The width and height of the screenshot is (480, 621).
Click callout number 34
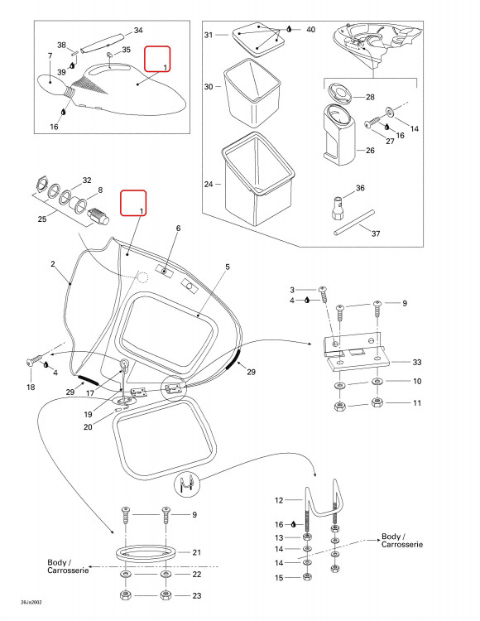click(x=138, y=31)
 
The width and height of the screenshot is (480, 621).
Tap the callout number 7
click(x=50, y=55)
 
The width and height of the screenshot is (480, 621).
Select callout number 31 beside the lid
click(x=209, y=35)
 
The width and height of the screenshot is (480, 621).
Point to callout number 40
click(x=310, y=29)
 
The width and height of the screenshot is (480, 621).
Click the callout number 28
click(x=370, y=97)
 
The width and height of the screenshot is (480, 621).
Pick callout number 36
click(x=360, y=188)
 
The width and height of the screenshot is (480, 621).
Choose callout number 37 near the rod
click(x=376, y=233)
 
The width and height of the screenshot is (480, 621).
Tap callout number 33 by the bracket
click(x=417, y=362)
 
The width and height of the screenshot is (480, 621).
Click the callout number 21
click(x=197, y=552)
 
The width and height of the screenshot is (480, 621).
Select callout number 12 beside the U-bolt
click(x=279, y=500)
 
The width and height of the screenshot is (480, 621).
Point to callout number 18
click(x=31, y=387)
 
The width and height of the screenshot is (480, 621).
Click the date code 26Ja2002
click(x=31, y=603)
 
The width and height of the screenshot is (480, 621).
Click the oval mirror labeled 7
click(x=50, y=84)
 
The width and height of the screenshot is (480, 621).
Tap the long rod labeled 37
click(x=353, y=223)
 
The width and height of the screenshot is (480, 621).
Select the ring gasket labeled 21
click(x=146, y=552)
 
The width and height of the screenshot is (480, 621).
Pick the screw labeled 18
click(x=34, y=360)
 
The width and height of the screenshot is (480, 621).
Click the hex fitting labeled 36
click(x=337, y=208)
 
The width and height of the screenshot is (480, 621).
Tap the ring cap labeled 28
click(x=339, y=93)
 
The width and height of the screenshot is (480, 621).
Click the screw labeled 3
click(x=324, y=296)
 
